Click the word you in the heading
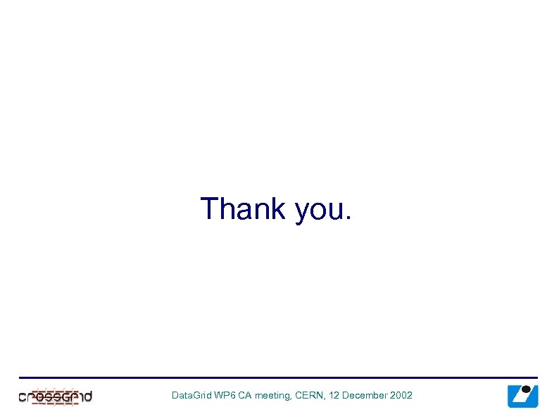click(319, 211)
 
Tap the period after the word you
click(347, 219)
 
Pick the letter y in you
click(303, 212)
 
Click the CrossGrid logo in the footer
click(55, 396)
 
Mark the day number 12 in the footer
click(334, 396)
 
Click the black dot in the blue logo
click(526, 389)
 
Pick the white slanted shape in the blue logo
click(520, 399)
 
